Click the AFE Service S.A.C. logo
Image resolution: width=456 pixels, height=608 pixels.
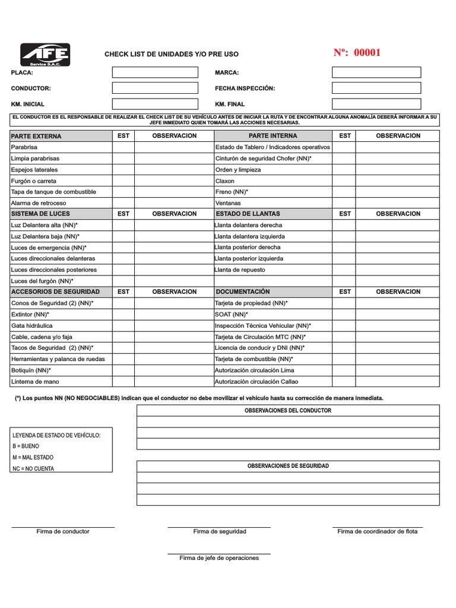[45, 55]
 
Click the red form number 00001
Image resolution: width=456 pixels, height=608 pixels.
[357, 53]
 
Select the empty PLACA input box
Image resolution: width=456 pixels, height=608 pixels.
[155, 72]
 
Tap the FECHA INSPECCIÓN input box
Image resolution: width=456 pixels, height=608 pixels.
[376, 88]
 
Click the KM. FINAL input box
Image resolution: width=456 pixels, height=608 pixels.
[376, 104]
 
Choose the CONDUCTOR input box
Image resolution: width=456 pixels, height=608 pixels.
[155, 88]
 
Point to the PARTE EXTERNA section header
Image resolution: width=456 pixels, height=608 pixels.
[36, 136]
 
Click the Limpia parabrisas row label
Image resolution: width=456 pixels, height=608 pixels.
[35, 159]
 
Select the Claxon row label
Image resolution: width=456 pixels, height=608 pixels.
[225, 180]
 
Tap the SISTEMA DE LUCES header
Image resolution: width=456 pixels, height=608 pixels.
[40, 214]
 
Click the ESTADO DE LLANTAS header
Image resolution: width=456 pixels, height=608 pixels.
[248, 214]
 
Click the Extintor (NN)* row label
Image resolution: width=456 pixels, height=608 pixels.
[30, 314]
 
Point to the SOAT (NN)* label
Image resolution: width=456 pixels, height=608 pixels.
[232, 314]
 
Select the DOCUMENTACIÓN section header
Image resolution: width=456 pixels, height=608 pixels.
[243, 292]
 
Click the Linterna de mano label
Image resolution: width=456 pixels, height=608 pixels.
[35, 381]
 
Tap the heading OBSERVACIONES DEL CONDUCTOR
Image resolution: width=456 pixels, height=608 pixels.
[288, 410]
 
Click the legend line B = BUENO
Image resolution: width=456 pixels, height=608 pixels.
[26, 446]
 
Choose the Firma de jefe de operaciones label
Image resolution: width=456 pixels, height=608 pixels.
[219, 558]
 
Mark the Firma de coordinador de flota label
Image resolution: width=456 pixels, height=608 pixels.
[377, 531]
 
